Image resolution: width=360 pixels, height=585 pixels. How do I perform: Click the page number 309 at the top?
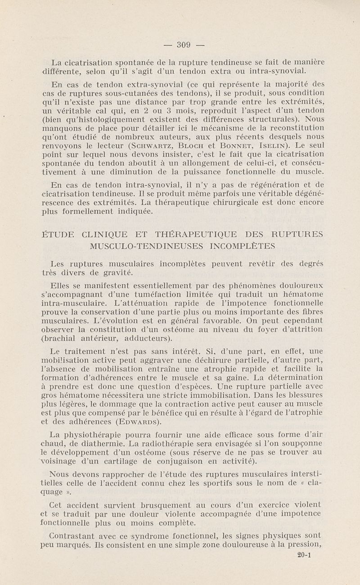coord(184,44)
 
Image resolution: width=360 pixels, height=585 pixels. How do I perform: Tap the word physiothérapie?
coord(95,435)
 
